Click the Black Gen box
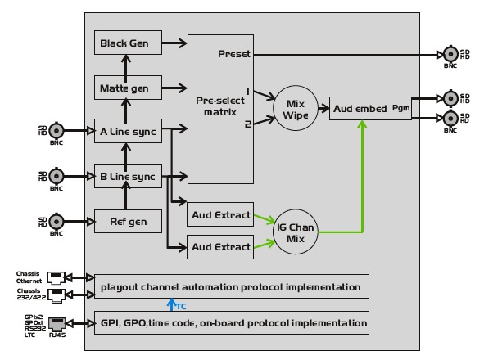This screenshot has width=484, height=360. (x=128, y=43)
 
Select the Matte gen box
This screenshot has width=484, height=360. (x=128, y=88)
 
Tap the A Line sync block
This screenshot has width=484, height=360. (x=128, y=131)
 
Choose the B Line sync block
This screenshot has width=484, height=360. (x=128, y=177)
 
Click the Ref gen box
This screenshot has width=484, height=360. (x=128, y=222)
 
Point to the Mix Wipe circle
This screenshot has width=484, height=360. (x=296, y=108)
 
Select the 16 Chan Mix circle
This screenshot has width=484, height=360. (x=296, y=232)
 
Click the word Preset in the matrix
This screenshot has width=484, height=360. (x=234, y=54)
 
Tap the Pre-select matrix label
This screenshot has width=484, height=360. (x=220, y=106)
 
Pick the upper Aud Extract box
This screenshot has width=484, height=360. (x=220, y=214)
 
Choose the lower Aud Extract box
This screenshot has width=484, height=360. (x=220, y=247)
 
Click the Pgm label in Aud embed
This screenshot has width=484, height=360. (x=400, y=108)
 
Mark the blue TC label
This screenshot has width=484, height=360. (x=181, y=306)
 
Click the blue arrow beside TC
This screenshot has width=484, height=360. (x=171, y=304)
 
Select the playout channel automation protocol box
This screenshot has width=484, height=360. (x=232, y=286)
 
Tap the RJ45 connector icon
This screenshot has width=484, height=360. (x=57, y=324)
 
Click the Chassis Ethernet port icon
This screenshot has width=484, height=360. (x=56, y=278)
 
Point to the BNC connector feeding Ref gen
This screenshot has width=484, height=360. (x=57, y=222)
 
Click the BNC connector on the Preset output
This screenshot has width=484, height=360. (x=450, y=54)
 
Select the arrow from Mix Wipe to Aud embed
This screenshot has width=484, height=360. (x=323, y=108)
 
